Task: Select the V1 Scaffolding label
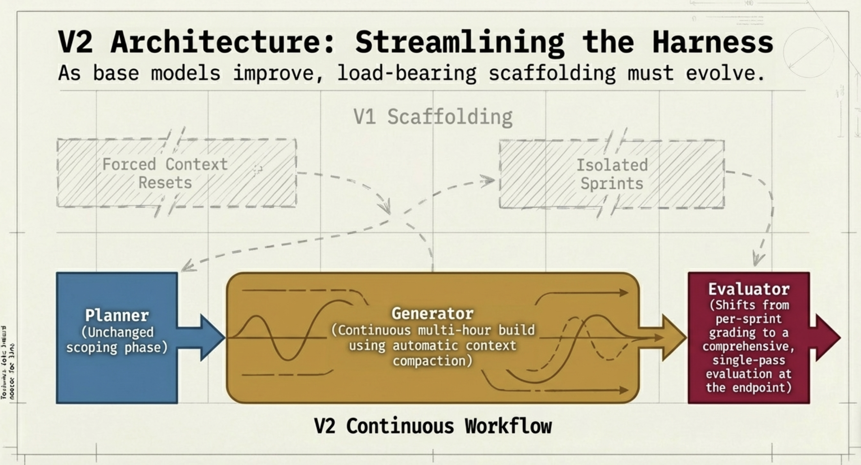[433, 117]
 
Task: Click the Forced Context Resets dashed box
[176, 173]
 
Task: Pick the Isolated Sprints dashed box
[612, 174]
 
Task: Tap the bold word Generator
[433, 314]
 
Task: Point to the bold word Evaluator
[749, 289]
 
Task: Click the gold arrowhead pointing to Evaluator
[674, 337]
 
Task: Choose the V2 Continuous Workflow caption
[433, 426]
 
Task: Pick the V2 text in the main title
[75, 42]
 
